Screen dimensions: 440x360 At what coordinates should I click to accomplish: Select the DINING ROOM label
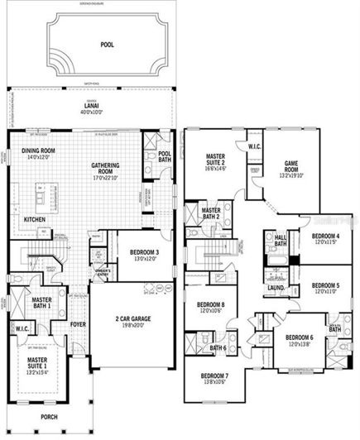38,151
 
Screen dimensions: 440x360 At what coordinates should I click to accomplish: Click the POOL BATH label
165,156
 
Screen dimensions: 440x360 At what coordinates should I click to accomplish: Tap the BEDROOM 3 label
128,252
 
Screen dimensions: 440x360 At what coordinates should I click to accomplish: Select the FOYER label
78,325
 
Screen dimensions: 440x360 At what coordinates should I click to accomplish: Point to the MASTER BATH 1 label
42,303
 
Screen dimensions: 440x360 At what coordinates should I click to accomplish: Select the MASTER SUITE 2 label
218,160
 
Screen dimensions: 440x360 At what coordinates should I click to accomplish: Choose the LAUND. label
275,289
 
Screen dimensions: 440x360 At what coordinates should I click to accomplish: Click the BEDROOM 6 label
299,339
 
